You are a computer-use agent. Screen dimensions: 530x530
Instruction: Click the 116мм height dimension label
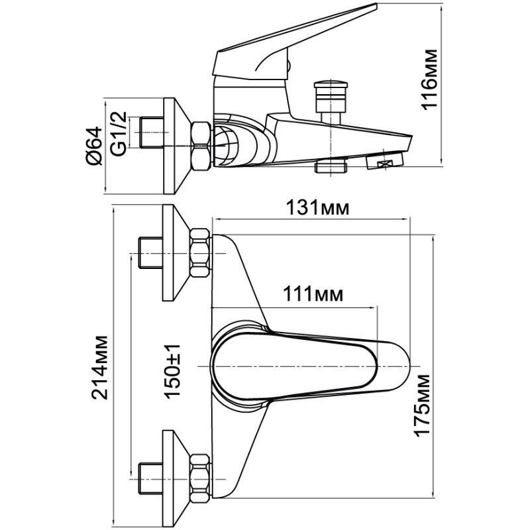tap(429, 79)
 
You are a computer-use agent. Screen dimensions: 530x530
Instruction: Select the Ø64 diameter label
tap(93, 146)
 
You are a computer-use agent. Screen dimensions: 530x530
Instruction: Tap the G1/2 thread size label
tap(119, 133)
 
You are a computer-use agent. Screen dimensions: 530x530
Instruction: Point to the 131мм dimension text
tap(317, 207)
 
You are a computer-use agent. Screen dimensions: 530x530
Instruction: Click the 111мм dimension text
tap(313, 294)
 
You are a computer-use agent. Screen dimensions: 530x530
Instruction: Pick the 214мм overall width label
tap(101, 368)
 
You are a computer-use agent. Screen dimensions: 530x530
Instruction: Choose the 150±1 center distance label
tap(172, 372)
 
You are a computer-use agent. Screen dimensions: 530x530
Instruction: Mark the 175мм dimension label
tap(422, 405)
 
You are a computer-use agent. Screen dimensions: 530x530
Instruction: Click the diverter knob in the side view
tap(330, 95)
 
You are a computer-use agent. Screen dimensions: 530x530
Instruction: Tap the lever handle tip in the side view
tap(376, 5)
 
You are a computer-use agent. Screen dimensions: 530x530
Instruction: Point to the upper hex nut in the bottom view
tap(200, 253)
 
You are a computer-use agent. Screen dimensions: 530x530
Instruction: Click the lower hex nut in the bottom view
tap(200, 478)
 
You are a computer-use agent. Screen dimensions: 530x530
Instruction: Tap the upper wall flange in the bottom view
tap(175, 253)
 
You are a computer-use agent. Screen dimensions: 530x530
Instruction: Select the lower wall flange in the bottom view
tap(175, 478)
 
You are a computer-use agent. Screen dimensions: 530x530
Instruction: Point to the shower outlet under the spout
tap(331, 167)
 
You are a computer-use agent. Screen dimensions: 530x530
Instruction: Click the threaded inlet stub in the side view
tap(151, 132)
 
